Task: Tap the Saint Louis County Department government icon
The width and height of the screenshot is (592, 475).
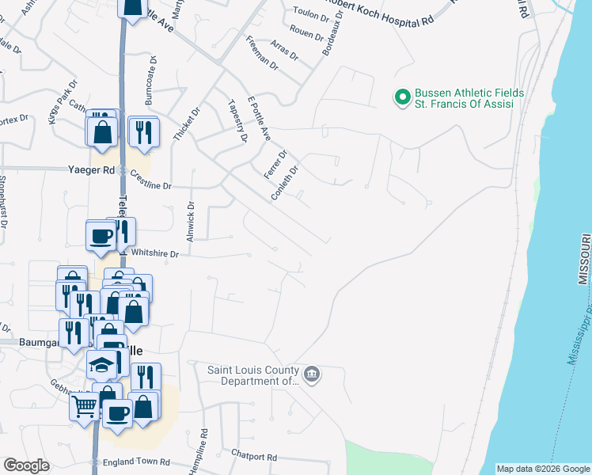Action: coord(312,373)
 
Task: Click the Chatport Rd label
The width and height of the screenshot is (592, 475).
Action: coord(254,457)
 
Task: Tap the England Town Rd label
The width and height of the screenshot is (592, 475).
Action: coord(136,462)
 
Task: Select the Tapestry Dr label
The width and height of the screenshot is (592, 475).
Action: coord(237,121)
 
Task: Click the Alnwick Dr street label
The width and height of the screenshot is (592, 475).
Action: coord(191,222)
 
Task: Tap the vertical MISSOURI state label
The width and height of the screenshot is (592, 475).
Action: coord(583,260)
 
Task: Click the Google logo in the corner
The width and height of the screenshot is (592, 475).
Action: coord(26,465)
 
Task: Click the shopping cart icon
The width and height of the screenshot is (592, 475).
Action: coord(85,408)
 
